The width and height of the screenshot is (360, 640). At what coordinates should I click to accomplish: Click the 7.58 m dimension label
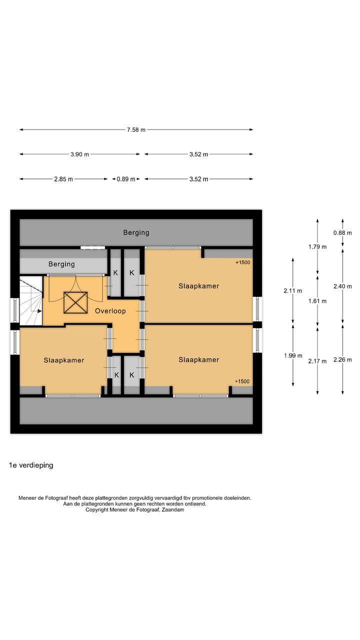tap(136, 129)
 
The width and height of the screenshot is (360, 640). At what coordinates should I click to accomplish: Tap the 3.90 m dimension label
tap(79, 154)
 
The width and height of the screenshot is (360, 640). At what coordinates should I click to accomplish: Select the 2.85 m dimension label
tap(63, 179)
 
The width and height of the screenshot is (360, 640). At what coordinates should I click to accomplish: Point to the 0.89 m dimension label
tap(125, 179)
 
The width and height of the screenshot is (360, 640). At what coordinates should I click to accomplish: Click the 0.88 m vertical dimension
tap(342, 233)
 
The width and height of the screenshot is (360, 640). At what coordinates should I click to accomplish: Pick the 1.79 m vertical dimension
tap(317, 246)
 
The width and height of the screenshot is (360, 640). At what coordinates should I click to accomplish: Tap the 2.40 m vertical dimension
tap(342, 286)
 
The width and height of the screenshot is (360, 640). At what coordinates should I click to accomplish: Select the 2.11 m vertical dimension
tap(293, 291)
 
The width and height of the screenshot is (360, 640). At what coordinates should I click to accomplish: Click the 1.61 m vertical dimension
tap(317, 301)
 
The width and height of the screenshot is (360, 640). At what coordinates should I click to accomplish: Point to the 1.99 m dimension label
tap(293, 355)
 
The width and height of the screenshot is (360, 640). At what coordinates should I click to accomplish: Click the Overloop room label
tap(110, 311)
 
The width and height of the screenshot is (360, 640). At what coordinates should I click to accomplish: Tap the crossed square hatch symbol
tap(75, 302)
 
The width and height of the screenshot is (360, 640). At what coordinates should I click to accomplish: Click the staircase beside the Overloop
tap(31, 300)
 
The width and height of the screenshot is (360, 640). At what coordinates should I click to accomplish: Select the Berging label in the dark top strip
tap(136, 232)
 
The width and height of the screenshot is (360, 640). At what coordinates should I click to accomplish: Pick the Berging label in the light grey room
tap(61, 264)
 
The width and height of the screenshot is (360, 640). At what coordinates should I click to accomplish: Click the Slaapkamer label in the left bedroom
tap(64, 360)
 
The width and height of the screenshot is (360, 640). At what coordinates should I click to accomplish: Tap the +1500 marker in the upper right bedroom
tap(243, 262)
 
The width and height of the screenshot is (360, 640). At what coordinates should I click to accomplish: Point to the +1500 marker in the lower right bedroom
tap(242, 381)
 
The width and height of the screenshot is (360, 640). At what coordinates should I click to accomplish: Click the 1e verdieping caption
tap(31, 465)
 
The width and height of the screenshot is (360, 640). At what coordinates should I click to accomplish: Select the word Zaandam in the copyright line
tap(173, 509)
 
